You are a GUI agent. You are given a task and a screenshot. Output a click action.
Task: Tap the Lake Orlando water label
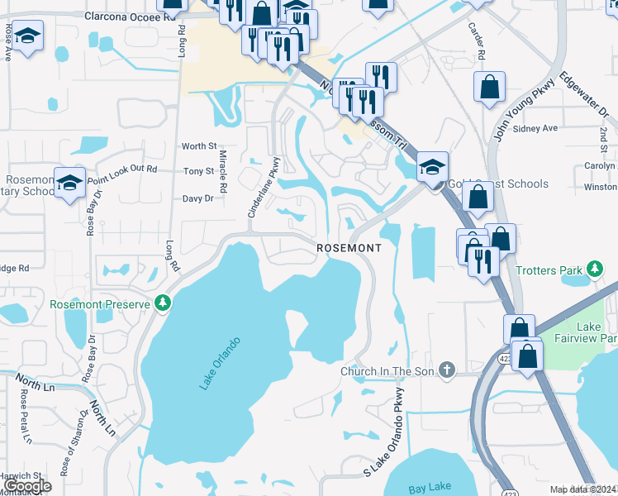(219, 363)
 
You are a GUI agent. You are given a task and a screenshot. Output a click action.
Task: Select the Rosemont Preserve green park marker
(164, 303)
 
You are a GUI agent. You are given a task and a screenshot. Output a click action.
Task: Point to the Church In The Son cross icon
(447, 370)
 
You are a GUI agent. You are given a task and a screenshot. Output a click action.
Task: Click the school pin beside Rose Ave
(27, 36)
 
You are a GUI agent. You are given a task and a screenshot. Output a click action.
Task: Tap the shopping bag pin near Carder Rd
(489, 85)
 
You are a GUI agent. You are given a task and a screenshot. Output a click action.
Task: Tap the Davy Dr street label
(198, 198)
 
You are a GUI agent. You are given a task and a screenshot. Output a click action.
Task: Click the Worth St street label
(199, 146)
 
